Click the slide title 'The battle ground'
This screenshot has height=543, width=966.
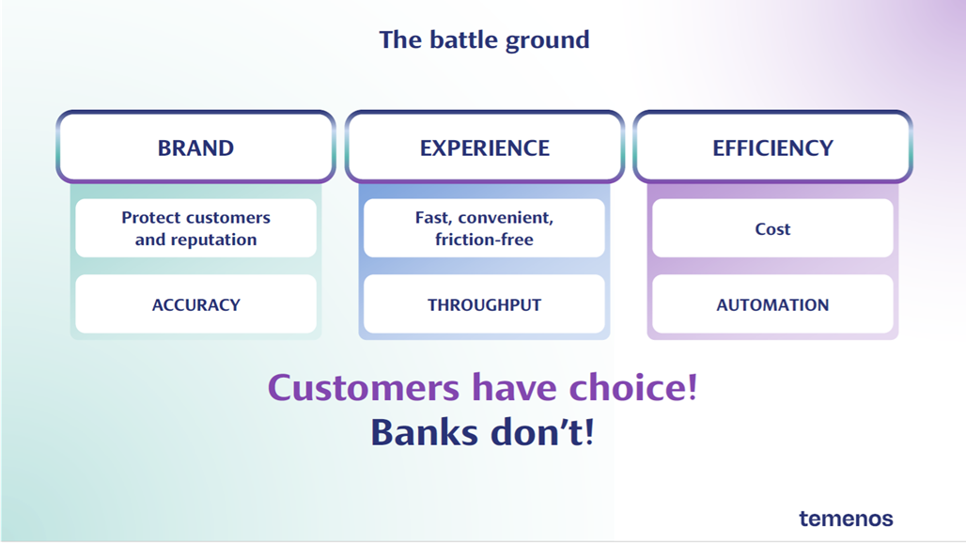point(484,40)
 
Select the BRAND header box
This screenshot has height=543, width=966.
point(195,147)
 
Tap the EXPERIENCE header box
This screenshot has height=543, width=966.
point(484,147)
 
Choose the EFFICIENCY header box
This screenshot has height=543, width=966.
point(772,147)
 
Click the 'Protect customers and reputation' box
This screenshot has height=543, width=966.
point(195,228)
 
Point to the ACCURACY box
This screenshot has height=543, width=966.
point(195,304)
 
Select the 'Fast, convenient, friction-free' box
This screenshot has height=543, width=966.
point(484,228)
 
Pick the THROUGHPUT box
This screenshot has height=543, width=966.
point(484,304)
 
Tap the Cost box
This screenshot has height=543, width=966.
point(772,228)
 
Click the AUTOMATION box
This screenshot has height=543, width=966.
point(772,304)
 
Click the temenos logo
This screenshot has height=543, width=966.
point(846,518)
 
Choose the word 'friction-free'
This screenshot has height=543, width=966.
point(484,240)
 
